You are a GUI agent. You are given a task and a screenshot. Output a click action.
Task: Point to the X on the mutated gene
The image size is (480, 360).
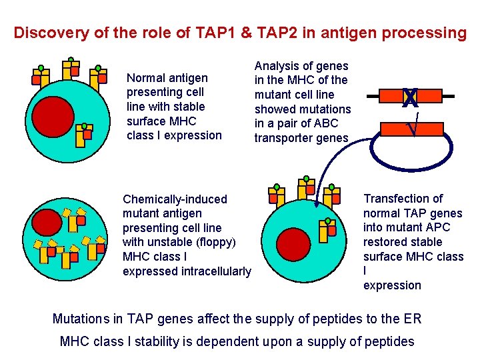[410, 99]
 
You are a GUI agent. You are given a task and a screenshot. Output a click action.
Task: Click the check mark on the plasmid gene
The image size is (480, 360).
[413, 125]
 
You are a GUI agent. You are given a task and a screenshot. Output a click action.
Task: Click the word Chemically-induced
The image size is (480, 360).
[175, 199]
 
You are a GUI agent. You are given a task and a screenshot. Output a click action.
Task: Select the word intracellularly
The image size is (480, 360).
[215, 271]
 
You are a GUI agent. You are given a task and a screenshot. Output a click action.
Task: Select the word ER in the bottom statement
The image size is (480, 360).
[413, 319]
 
